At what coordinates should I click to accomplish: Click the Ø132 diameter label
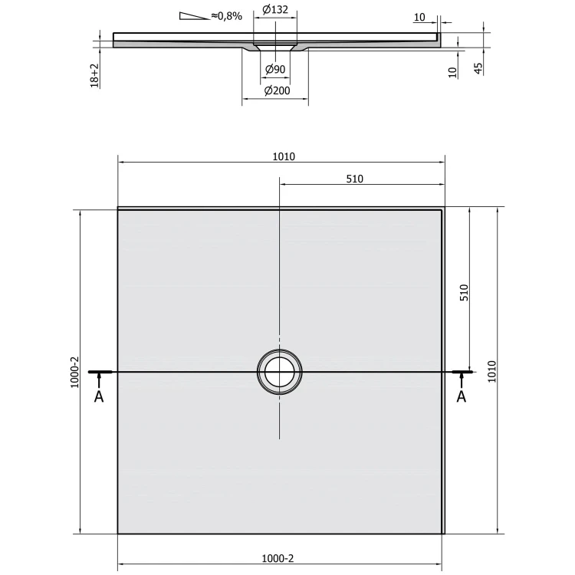275,9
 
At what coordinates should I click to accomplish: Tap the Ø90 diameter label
275,69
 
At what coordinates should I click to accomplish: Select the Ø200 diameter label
277,90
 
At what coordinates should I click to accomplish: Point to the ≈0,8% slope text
227,16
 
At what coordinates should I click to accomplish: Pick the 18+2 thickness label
94,76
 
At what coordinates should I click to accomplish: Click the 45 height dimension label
478,68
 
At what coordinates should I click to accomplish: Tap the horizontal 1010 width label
284,156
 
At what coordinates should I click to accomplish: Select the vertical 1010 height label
491,372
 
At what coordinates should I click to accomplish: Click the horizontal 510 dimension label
355,179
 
